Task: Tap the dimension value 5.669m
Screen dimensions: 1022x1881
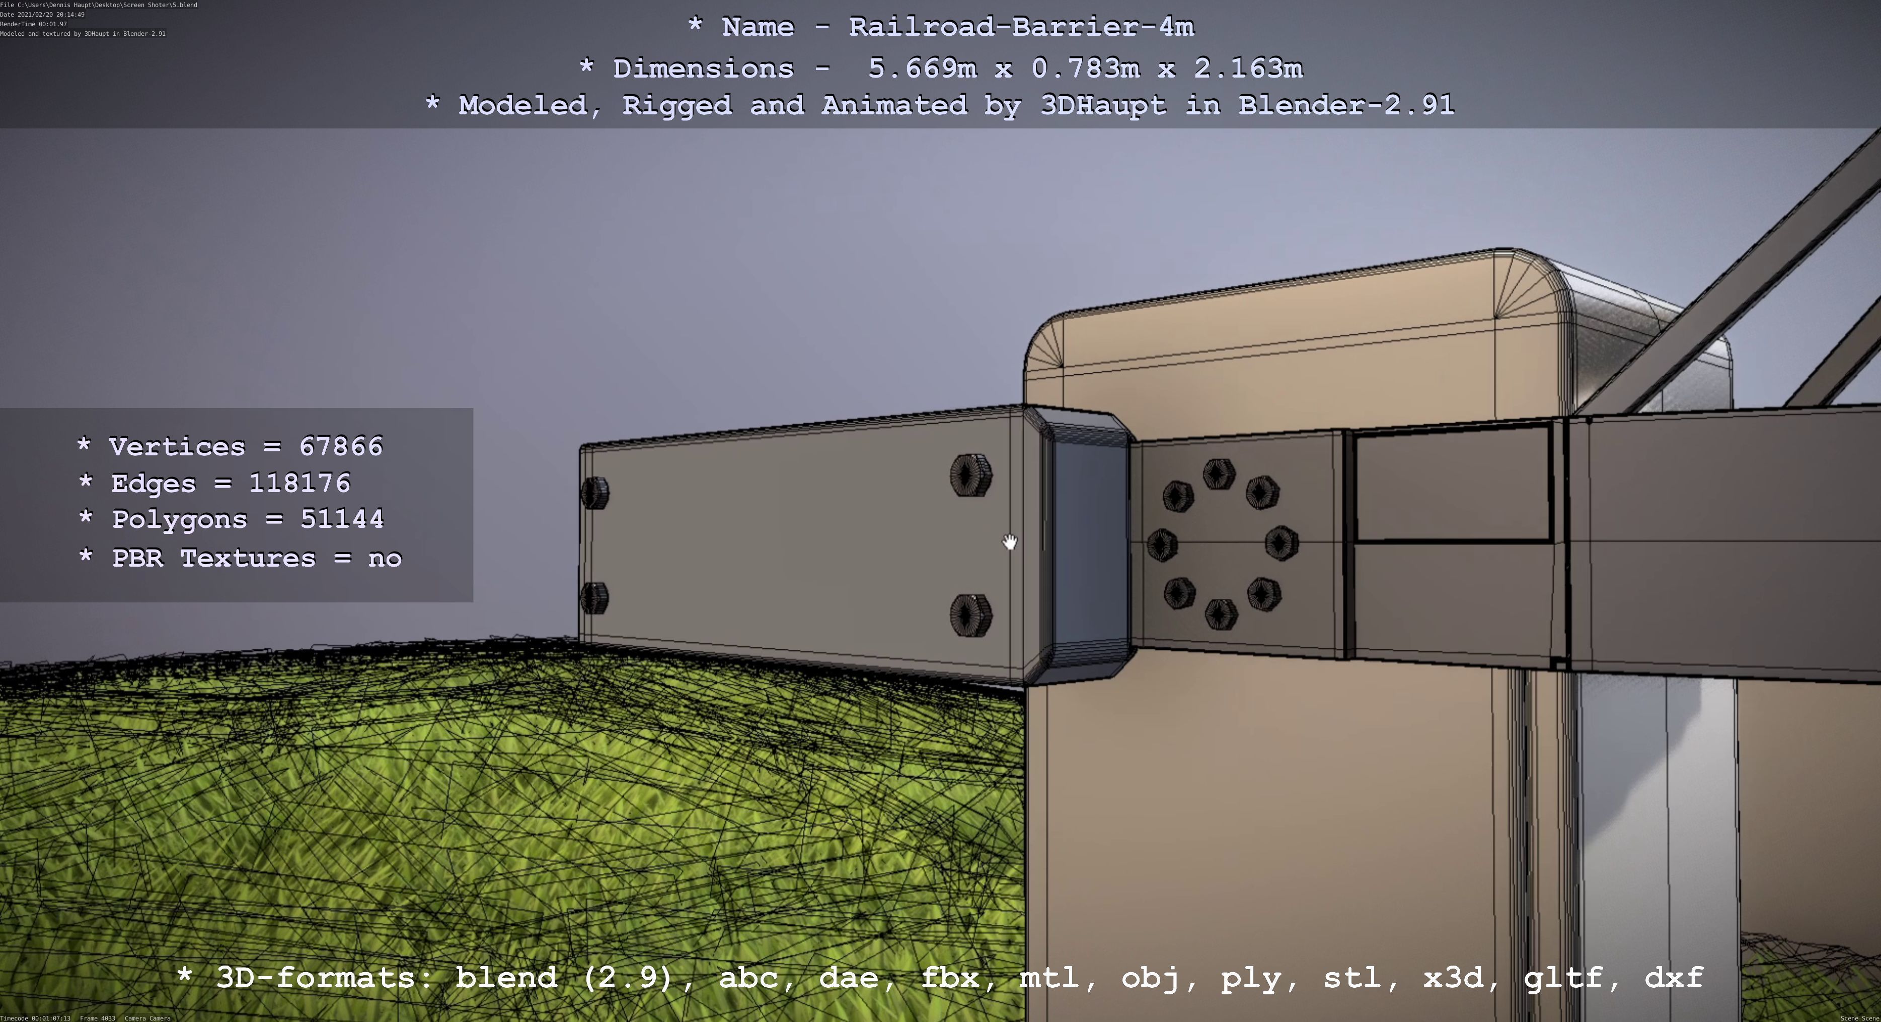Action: pyautogui.click(x=922, y=69)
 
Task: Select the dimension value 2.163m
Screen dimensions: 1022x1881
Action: pyautogui.click(x=1248, y=69)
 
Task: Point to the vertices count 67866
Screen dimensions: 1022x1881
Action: pyautogui.click(x=341, y=446)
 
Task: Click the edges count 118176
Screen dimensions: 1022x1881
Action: pyautogui.click(x=299, y=483)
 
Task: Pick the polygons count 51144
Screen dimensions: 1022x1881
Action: pyautogui.click(x=342, y=519)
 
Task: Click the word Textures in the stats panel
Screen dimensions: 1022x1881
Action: pyautogui.click(x=248, y=558)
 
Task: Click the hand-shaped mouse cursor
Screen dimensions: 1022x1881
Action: pyautogui.click(x=1009, y=542)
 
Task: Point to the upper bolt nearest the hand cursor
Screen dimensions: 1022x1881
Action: pyautogui.click(x=970, y=475)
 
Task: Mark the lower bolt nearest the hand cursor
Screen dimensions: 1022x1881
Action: pyautogui.click(x=970, y=615)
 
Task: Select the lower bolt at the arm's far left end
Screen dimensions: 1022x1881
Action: pyautogui.click(x=595, y=597)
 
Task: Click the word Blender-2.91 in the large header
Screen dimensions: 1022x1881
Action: pyautogui.click(x=1346, y=105)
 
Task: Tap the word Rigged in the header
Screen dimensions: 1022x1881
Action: pyautogui.click(x=677, y=105)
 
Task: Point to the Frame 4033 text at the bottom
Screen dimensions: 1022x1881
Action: pyautogui.click(x=97, y=1017)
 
